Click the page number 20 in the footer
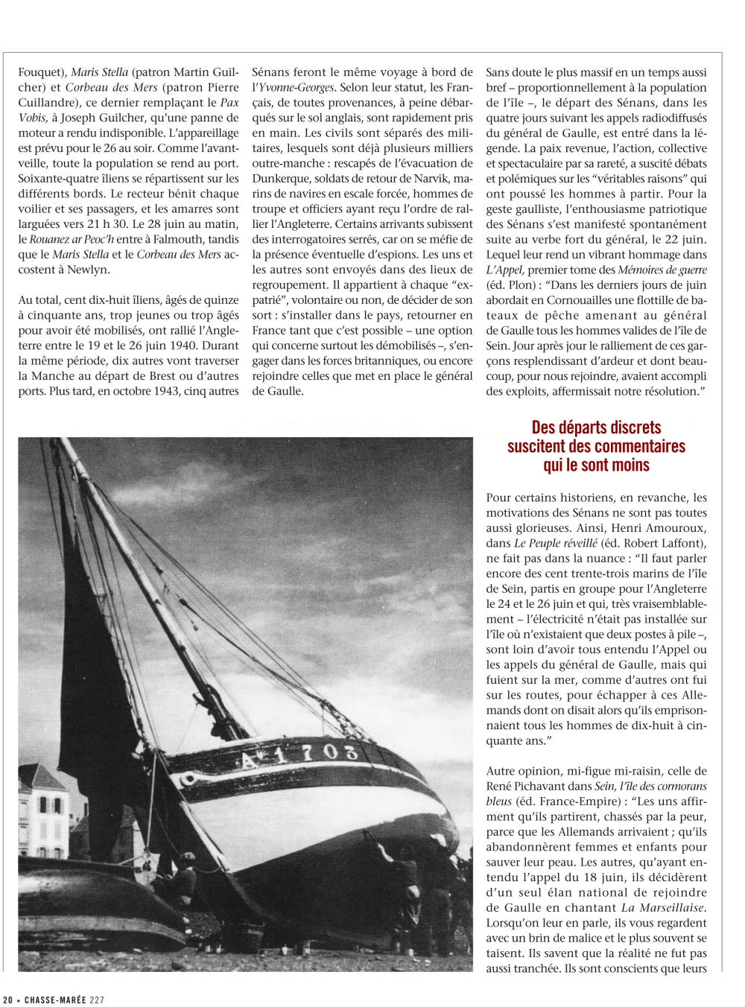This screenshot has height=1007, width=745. tap(7, 1000)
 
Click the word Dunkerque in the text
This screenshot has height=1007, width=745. tap(282, 179)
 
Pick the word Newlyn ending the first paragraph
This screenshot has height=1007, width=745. tap(89, 270)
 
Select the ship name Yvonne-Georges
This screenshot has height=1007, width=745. tap(297, 88)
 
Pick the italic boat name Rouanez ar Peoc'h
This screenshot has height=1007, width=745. tap(72, 239)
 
